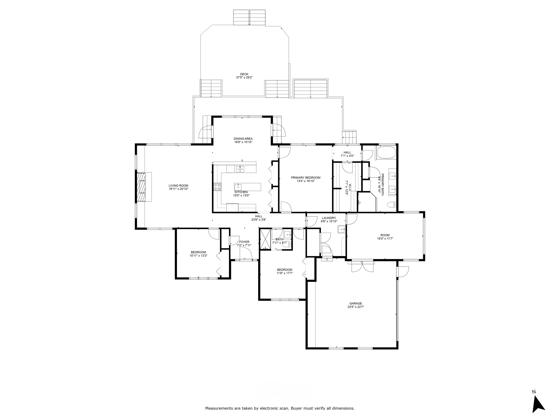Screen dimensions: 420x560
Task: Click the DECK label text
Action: pos(244,74)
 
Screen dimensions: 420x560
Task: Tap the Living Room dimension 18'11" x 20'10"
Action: pos(178,189)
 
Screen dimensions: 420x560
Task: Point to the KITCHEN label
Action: pos(241,192)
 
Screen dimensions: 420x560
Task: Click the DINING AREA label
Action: pos(243,139)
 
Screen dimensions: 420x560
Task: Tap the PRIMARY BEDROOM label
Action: pos(305,178)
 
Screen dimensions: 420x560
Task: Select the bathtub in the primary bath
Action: pos(386,153)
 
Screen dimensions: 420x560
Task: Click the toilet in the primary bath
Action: pos(391,205)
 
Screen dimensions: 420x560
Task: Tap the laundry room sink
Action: pos(341,229)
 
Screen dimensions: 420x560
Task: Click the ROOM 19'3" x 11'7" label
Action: pos(385,235)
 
